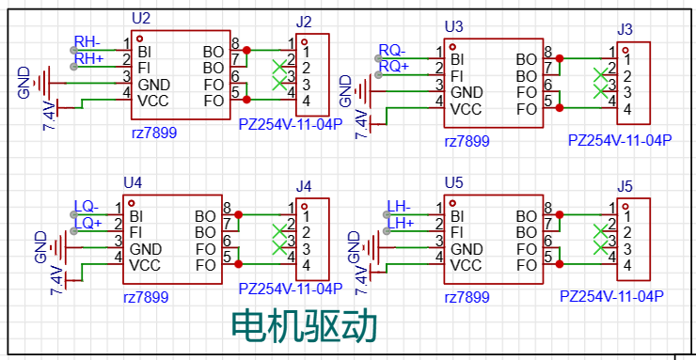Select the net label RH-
87,42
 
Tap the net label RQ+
394,66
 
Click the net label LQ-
87,207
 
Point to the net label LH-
399,207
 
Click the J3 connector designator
625,29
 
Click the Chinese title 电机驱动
305,324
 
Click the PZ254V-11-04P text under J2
290,123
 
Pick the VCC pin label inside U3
467,109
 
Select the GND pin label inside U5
467,249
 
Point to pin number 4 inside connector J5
626,266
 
